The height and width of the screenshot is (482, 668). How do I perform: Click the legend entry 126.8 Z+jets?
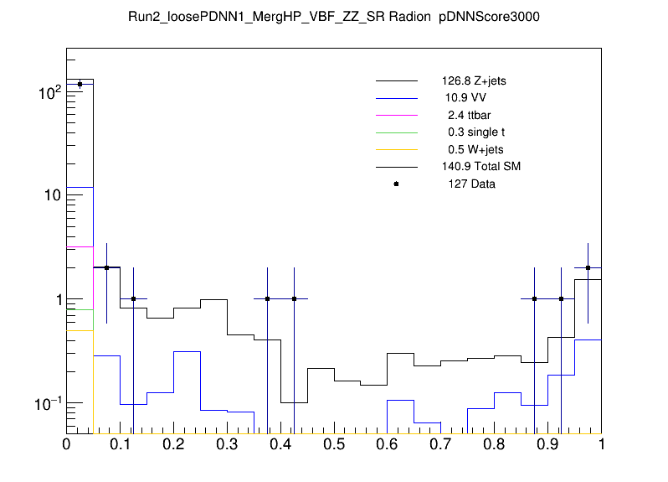(473, 81)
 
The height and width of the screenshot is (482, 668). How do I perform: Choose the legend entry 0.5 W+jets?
(471, 149)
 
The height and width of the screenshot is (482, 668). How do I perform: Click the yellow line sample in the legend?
(396, 149)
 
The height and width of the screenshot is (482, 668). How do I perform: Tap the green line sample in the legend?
(396, 132)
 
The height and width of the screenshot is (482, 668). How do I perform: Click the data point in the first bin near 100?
(80, 84)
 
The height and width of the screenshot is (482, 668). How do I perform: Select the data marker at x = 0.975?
(588, 267)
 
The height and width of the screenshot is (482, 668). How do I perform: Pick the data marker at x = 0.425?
(294, 298)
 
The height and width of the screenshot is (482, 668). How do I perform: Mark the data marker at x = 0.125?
(133, 298)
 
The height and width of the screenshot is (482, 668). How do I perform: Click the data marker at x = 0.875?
(534, 298)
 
